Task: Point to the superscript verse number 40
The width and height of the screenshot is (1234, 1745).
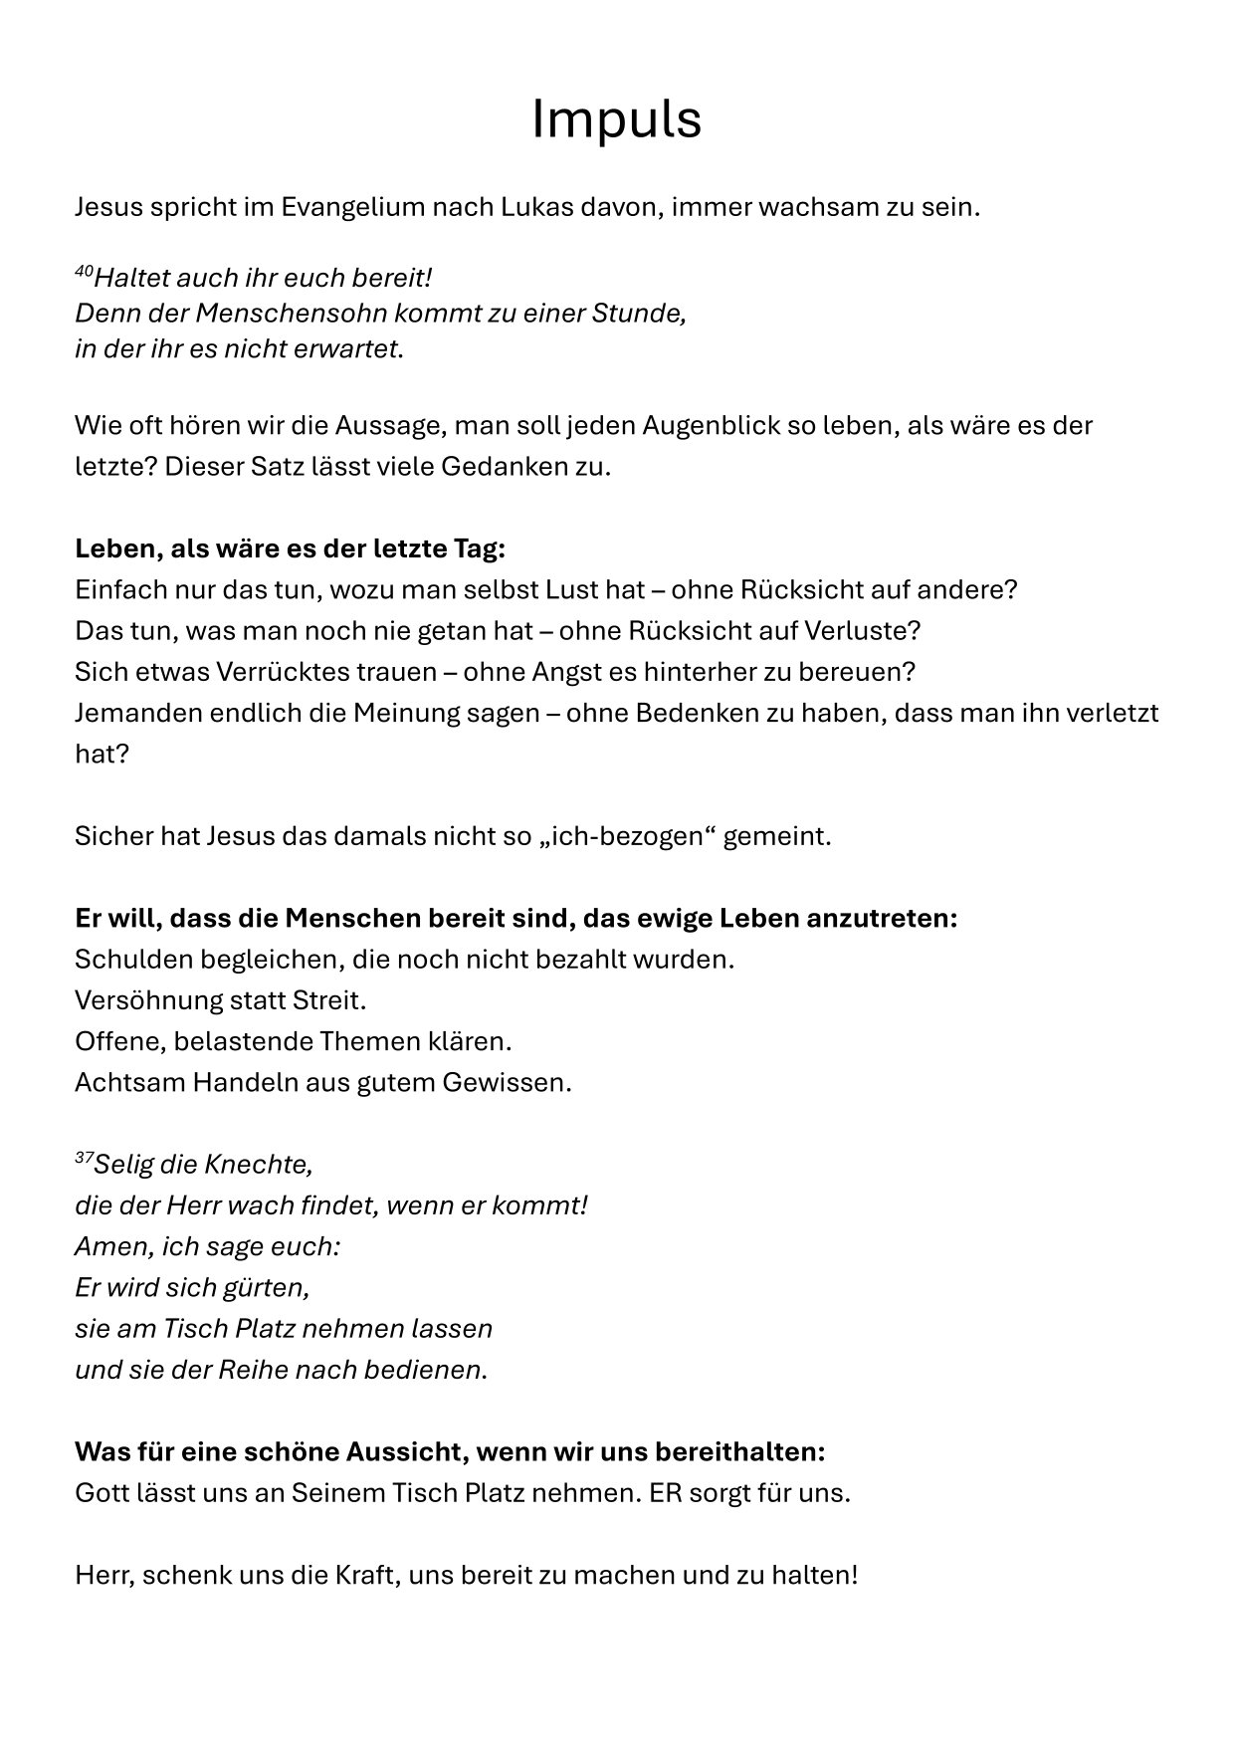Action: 84,271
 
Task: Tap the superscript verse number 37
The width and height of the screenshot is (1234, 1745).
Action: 84,1158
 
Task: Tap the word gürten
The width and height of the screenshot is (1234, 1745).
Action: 268,1288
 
